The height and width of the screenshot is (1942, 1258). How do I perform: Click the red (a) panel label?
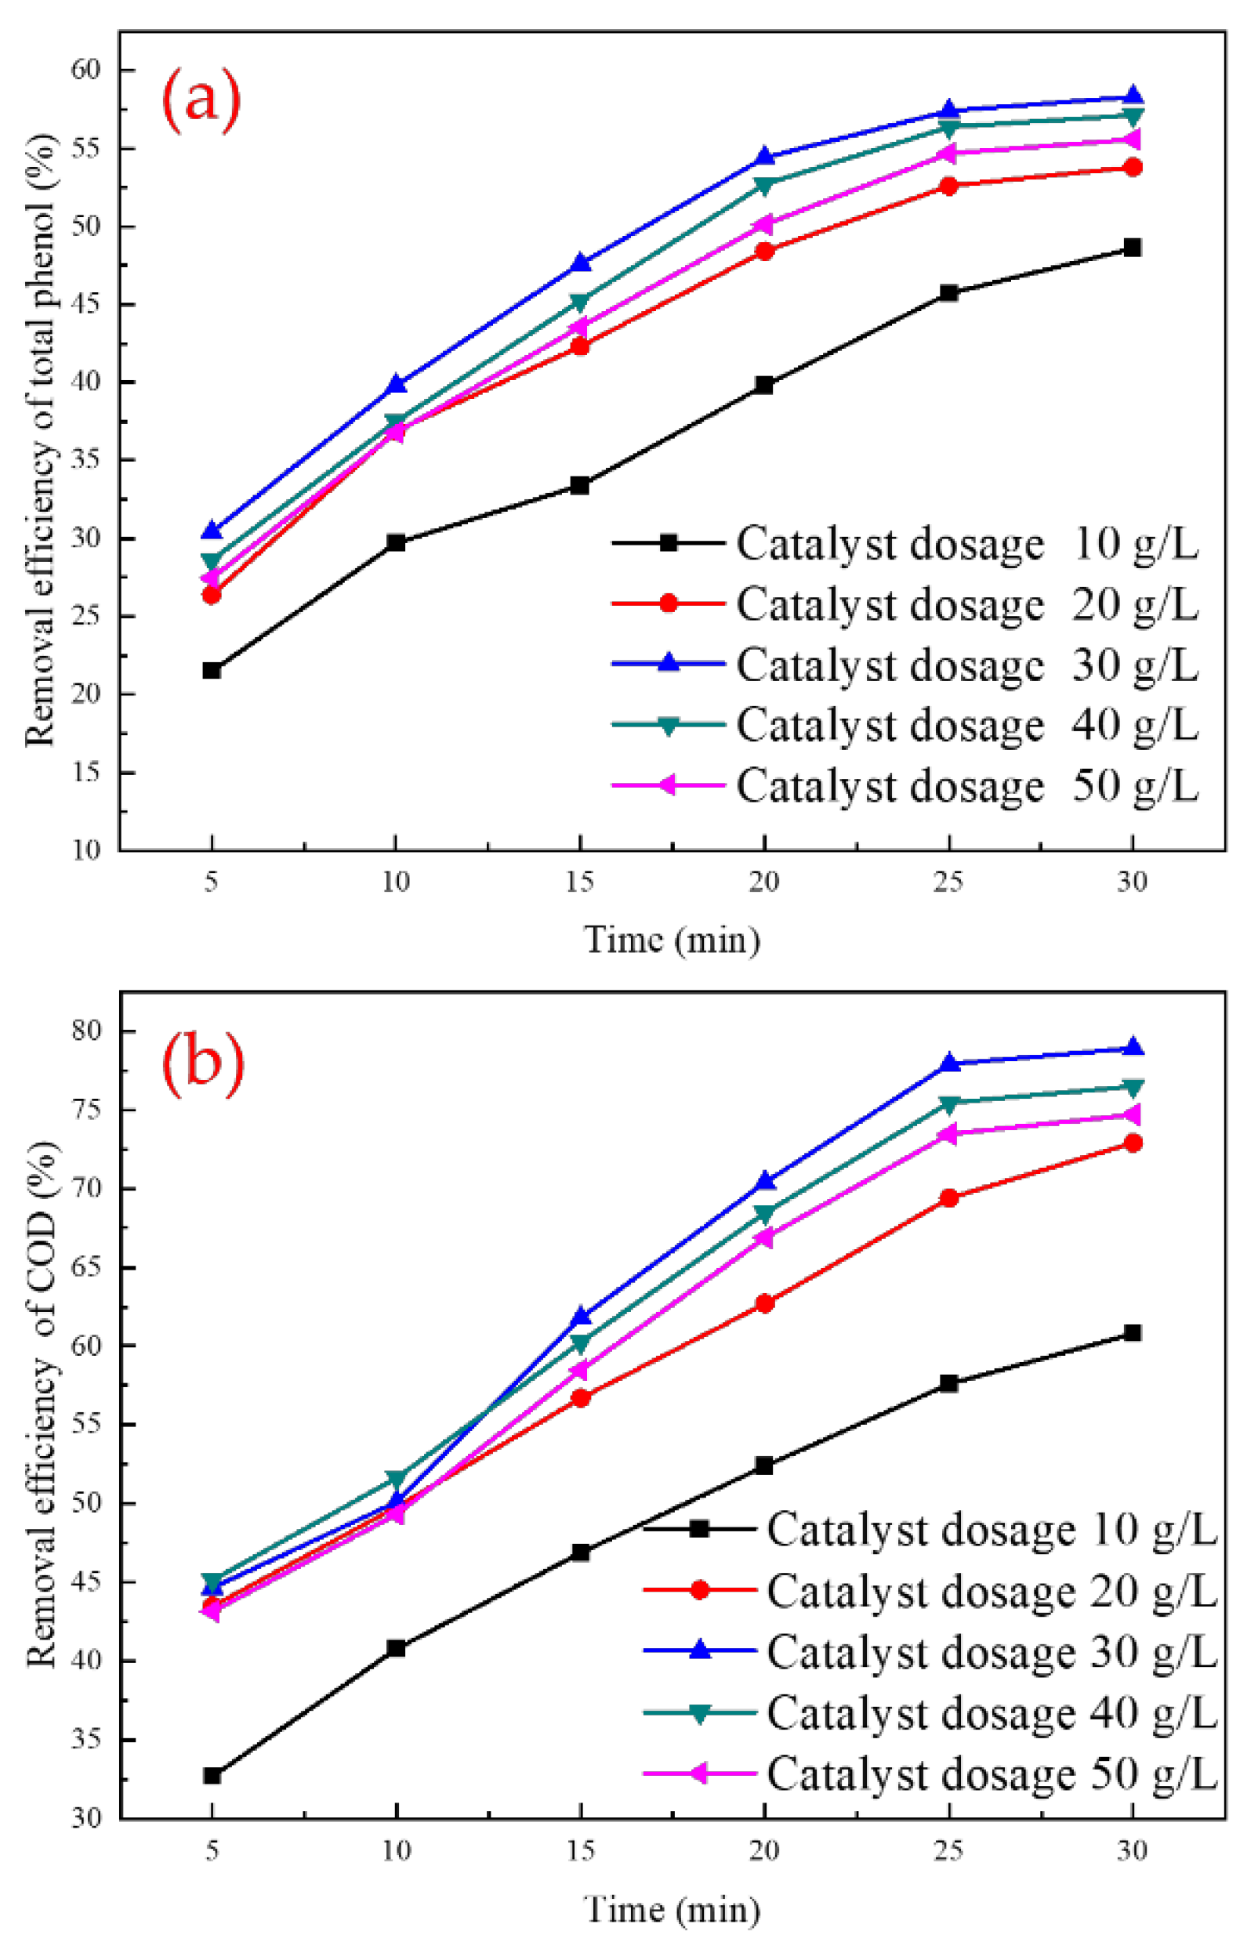(201, 101)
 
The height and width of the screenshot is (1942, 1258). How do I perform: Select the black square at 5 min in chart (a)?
(212, 670)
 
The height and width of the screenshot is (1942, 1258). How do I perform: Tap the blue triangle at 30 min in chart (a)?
(1133, 97)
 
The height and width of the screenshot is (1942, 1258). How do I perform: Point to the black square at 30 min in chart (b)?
(1133, 1332)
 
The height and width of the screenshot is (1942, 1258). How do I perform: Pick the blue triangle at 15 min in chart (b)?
(581, 1315)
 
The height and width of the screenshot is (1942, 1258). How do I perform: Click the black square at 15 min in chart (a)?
(580, 486)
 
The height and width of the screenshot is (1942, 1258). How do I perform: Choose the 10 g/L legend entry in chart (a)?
(905, 543)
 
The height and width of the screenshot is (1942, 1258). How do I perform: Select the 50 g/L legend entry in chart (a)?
(905, 785)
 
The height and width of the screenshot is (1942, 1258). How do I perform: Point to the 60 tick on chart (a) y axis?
(89, 71)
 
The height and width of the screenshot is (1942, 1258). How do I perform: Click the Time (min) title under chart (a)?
(673, 940)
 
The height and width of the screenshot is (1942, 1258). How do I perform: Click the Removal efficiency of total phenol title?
(41, 440)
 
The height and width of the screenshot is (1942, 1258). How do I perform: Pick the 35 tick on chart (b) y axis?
(89, 1739)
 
